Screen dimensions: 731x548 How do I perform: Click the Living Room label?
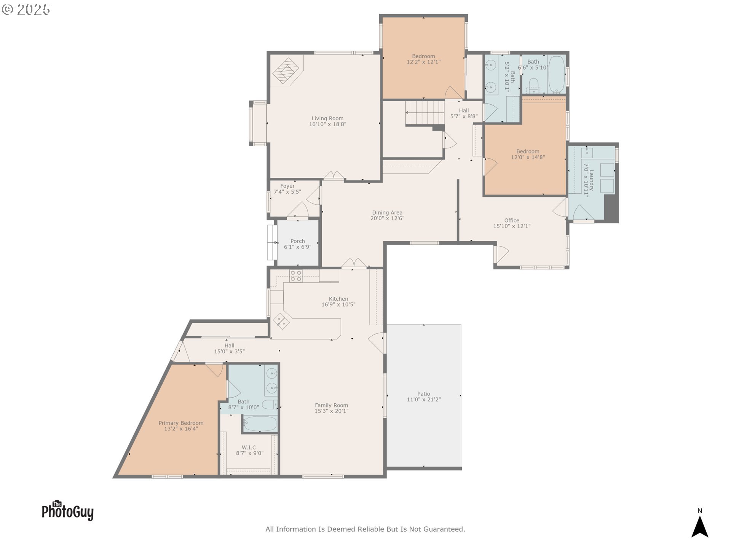[327, 118]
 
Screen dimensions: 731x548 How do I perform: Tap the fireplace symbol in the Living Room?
[287, 71]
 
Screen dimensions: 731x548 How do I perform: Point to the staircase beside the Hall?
[425, 113]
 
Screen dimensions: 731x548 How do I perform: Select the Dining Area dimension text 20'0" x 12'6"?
[387, 218]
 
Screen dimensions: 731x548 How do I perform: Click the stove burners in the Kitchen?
[296, 276]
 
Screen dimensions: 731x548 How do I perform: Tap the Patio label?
[424, 394]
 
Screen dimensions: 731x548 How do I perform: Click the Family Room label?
[331, 405]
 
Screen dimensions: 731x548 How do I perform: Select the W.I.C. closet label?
[250, 448]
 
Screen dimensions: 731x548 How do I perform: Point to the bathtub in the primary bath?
[260, 424]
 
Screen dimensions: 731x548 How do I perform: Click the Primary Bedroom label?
[181, 423]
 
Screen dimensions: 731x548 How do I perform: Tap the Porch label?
[298, 241]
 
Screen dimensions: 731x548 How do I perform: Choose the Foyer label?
[287, 186]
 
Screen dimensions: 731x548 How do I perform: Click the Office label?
[512, 220]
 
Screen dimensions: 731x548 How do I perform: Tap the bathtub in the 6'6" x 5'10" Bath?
[556, 75]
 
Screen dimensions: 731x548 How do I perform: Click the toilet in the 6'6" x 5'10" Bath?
[533, 86]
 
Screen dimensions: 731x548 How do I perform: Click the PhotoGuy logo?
[67, 510]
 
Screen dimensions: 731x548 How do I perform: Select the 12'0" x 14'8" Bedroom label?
[528, 151]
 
